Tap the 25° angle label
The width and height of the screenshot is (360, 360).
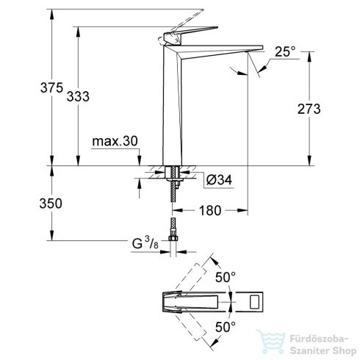[285, 52]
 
